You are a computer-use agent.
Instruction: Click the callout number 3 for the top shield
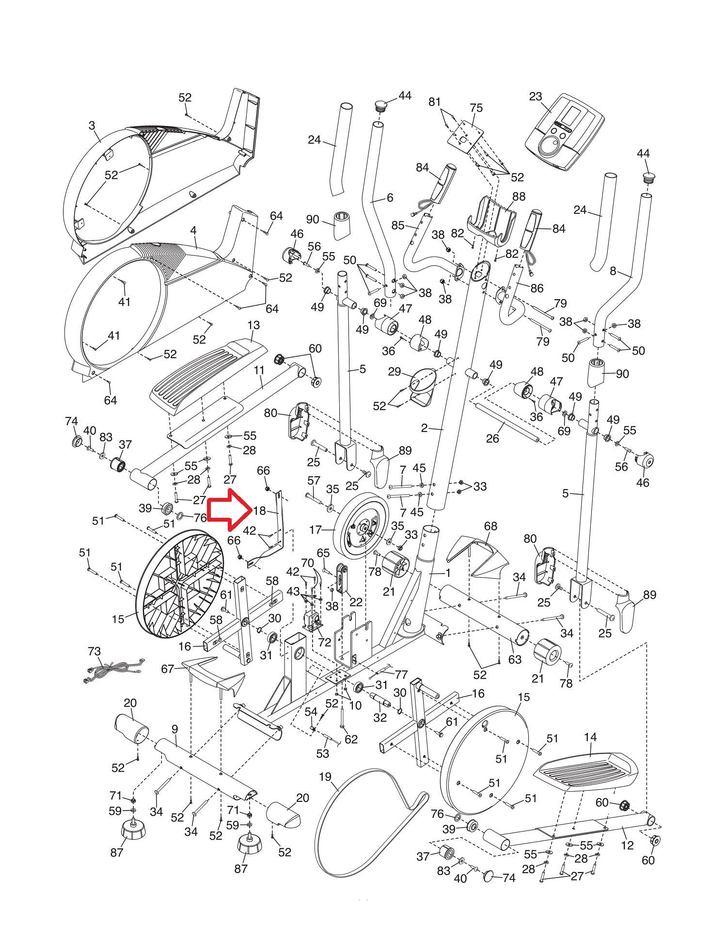point(92,126)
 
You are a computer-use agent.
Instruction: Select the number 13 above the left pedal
point(253,325)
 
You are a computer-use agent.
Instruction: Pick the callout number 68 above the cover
point(490,526)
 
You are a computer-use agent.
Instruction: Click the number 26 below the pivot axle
point(493,438)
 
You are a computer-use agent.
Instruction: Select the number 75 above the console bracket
point(476,108)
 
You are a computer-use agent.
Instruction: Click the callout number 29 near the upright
point(395,372)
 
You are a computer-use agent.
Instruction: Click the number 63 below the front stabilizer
point(515,659)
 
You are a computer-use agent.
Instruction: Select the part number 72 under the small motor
point(324,643)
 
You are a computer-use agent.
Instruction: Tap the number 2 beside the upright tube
point(425,428)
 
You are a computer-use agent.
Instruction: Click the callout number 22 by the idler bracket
point(356,602)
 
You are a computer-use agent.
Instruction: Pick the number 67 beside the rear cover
point(168,669)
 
